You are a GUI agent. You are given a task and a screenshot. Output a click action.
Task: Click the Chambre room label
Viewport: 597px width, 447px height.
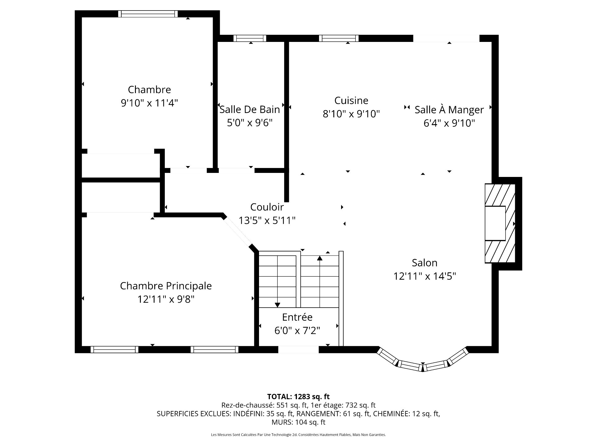pos(149,89)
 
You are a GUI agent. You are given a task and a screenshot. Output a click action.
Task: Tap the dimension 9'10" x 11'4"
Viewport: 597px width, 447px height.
pos(149,103)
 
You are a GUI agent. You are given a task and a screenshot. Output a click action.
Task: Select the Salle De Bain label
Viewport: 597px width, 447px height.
pos(250,109)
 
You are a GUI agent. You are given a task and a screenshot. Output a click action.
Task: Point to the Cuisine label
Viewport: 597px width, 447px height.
pos(351,100)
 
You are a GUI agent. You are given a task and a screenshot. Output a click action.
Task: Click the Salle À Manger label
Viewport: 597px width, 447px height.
pos(449,110)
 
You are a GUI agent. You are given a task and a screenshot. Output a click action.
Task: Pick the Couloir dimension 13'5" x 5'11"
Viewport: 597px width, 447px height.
pos(267,220)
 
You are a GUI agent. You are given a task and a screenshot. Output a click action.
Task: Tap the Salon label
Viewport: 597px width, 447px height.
pos(424,263)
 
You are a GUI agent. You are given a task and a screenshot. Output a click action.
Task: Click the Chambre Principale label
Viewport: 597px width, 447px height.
pos(166,286)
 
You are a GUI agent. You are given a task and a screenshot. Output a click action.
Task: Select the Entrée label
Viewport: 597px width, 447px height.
pos(297,317)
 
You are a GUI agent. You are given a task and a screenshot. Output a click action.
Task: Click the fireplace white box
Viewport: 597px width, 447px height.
pos(495,223)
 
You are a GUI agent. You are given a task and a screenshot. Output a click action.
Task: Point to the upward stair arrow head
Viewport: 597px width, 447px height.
pos(320,258)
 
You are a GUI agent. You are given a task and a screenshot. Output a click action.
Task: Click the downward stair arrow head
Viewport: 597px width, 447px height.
pos(277,305)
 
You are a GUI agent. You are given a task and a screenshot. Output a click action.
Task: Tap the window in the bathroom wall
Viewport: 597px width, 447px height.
pos(250,38)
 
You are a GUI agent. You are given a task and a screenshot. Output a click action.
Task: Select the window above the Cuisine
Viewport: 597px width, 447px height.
pos(339,38)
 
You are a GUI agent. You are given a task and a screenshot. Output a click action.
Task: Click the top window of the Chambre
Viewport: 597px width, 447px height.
pos(148,14)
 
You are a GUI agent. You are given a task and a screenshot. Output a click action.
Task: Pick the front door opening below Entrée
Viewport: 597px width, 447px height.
pos(298,350)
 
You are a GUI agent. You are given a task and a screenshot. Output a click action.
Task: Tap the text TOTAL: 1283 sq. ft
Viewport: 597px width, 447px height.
pos(298,396)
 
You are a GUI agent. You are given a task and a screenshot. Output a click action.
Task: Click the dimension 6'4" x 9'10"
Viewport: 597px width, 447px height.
pos(449,123)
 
